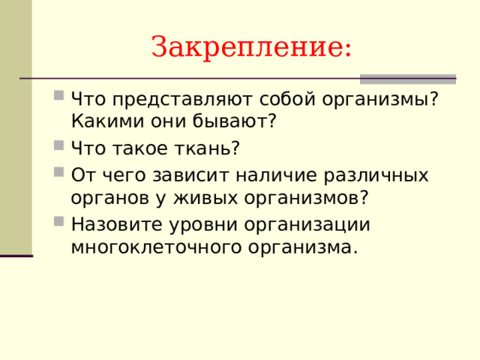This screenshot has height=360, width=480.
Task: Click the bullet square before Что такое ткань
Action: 58,144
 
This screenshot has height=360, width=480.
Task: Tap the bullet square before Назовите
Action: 58,220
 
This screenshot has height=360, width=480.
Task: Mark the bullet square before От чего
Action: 58,172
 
